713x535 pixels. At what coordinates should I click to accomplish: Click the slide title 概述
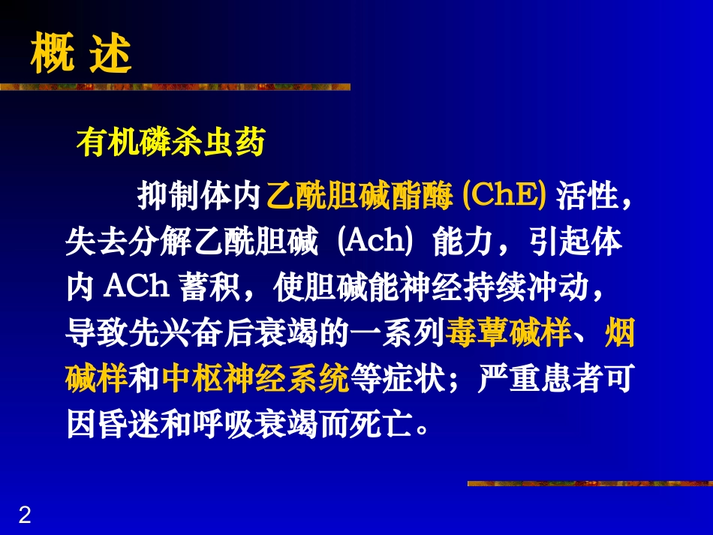coord(81,54)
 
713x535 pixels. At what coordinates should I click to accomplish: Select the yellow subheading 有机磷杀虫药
coord(171,143)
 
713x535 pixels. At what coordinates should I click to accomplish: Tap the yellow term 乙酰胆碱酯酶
coord(360,197)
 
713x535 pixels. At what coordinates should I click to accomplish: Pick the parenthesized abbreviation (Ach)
coord(372,242)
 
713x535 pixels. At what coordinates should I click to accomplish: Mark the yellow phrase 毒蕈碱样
coord(509,333)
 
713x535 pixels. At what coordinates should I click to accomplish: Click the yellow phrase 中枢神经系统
coord(256,379)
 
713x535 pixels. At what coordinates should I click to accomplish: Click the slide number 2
coord(25,515)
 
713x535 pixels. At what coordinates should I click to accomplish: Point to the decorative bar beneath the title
coord(175,87)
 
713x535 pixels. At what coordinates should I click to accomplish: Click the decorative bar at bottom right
coord(589,484)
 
